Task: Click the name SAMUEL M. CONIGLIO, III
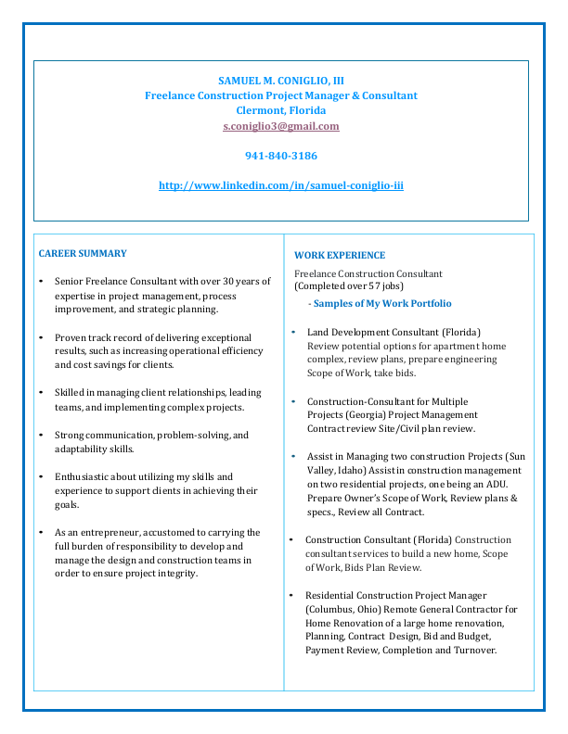(280, 81)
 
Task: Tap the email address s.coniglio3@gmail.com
(280, 126)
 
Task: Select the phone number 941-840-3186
(280, 156)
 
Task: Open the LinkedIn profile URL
(280, 185)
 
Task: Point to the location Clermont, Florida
(280, 110)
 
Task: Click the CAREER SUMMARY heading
(83, 253)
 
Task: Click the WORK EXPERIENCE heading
(340, 255)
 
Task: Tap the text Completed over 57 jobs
(342, 286)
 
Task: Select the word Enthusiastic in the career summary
(84, 477)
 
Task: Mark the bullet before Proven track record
(40, 338)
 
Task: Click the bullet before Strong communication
(40, 436)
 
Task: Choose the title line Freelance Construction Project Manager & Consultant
(280, 95)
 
